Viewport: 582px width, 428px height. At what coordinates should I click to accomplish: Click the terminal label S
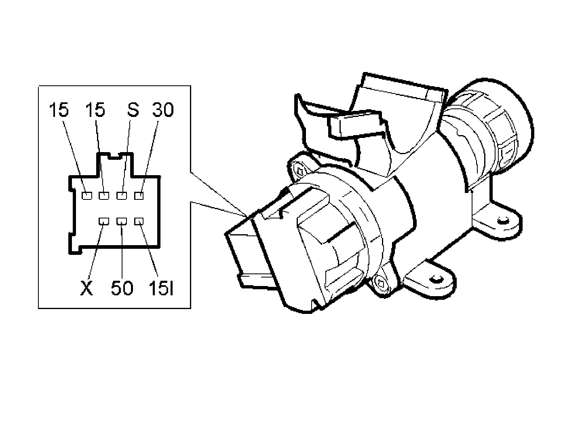[133, 110]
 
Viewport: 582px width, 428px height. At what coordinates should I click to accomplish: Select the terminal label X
[86, 288]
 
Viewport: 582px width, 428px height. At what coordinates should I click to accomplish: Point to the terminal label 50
[122, 288]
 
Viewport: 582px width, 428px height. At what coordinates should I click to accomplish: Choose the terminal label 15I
[161, 288]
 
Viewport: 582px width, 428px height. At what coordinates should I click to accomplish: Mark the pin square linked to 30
[139, 196]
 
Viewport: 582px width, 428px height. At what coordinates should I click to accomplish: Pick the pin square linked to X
[104, 221]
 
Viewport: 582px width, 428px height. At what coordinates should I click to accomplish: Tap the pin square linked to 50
[122, 221]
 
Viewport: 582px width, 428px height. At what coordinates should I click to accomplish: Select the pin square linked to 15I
[139, 221]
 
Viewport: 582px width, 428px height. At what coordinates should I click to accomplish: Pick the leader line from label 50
[122, 251]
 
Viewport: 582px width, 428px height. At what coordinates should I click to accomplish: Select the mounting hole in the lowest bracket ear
[435, 279]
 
